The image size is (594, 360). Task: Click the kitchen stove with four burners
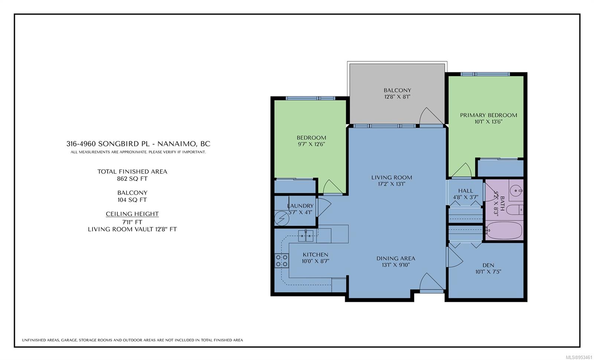pyautogui.click(x=281, y=261)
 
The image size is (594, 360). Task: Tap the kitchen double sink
pyautogui.click(x=306, y=236)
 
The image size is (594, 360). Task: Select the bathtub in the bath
pyautogui.click(x=503, y=230)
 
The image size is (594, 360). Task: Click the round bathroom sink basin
pyautogui.click(x=516, y=191)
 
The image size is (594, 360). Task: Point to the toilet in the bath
pyautogui.click(x=515, y=210)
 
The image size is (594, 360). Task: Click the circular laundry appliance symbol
pyautogui.click(x=282, y=218)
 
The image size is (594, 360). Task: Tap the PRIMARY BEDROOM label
pyautogui.click(x=489, y=115)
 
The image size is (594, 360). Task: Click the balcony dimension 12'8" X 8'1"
pyautogui.click(x=397, y=97)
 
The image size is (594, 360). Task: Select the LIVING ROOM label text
pyautogui.click(x=391, y=177)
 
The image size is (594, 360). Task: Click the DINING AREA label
pyautogui.click(x=396, y=258)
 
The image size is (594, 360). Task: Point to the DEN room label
pyautogui.click(x=488, y=265)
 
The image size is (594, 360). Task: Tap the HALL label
pyautogui.click(x=466, y=191)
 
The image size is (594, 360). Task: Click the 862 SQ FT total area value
pyautogui.click(x=132, y=179)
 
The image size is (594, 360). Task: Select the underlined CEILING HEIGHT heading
pyautogui.click(x=132, y=214)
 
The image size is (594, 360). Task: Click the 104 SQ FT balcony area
pyautogui.click(x=132, y=200)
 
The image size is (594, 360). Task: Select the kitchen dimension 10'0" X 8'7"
pyautogui.click(x=315, y=261)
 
